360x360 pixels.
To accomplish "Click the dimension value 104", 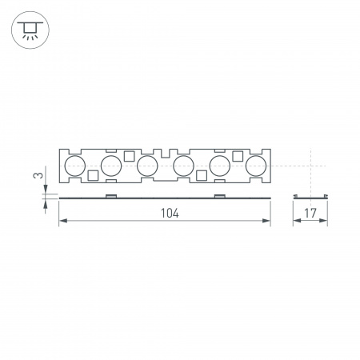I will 168,214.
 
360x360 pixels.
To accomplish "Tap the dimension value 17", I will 311,214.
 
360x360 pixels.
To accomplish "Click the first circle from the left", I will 74,166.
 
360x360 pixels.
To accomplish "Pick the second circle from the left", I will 111,166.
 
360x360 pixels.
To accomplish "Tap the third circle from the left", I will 147,166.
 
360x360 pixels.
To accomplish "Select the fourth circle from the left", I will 183,166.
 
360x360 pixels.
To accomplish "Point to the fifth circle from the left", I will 220,166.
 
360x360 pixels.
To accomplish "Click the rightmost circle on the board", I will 256,166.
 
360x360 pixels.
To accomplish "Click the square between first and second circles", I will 93,175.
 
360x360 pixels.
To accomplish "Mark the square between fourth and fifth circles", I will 202,175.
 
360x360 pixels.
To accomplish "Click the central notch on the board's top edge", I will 166,151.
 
